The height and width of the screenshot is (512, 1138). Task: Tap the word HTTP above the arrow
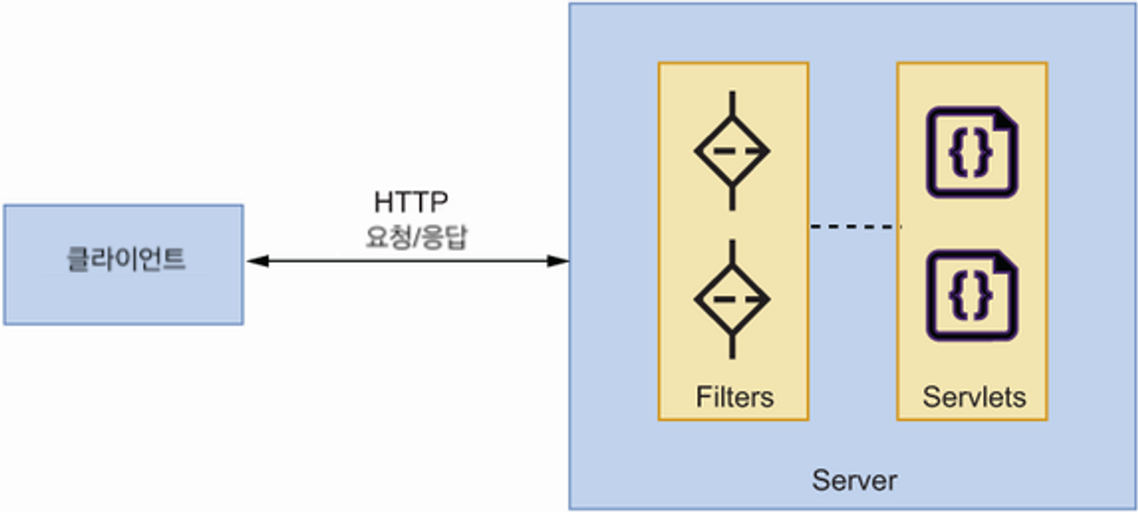click(x=412, y=202)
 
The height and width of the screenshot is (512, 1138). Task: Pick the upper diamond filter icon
click(x=732, y=151)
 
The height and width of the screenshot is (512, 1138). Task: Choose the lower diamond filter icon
click(x=732, y=298)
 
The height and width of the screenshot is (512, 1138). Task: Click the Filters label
click(x=734, y=397)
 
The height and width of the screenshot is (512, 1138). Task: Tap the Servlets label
click(x=973, y=397)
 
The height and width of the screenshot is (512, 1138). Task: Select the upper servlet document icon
click(x=971, y=152)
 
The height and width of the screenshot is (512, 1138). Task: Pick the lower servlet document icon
click(x=971, y=297)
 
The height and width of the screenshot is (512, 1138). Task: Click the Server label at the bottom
click(x=854, y=480)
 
